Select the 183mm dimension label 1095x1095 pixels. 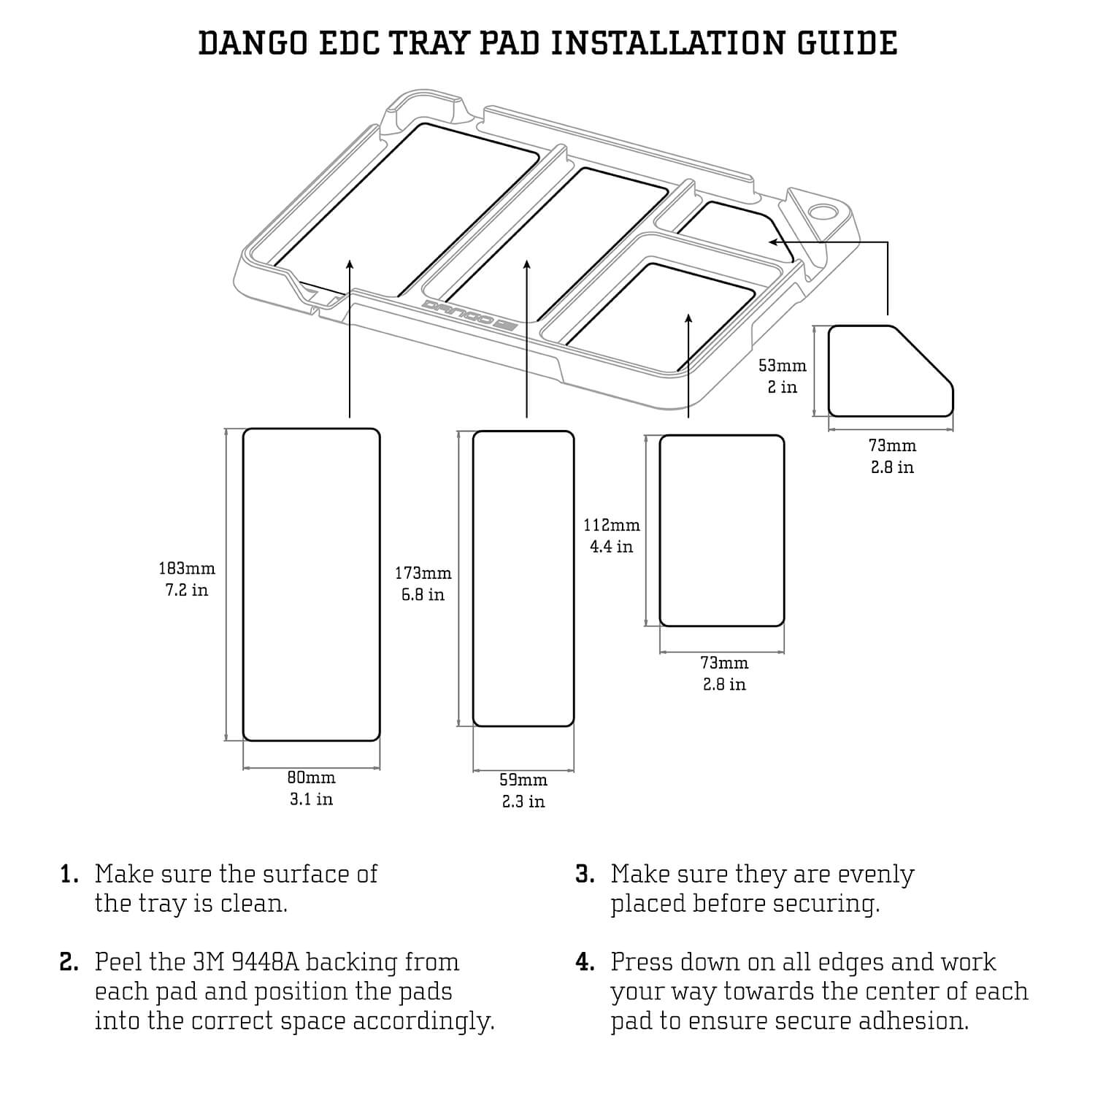point(187,568)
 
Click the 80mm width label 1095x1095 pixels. point(311,778)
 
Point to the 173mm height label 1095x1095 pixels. point(423,573)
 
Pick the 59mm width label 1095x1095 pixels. point(523,780)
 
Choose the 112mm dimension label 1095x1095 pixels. point(612,525)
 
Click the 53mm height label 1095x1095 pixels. point(783,365)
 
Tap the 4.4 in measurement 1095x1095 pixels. point(612,547)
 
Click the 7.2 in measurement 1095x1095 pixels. point(187,590)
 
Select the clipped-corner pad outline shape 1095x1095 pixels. point(891,372)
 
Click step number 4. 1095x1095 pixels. point(585,962)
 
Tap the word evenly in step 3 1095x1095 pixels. point(875,875)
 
